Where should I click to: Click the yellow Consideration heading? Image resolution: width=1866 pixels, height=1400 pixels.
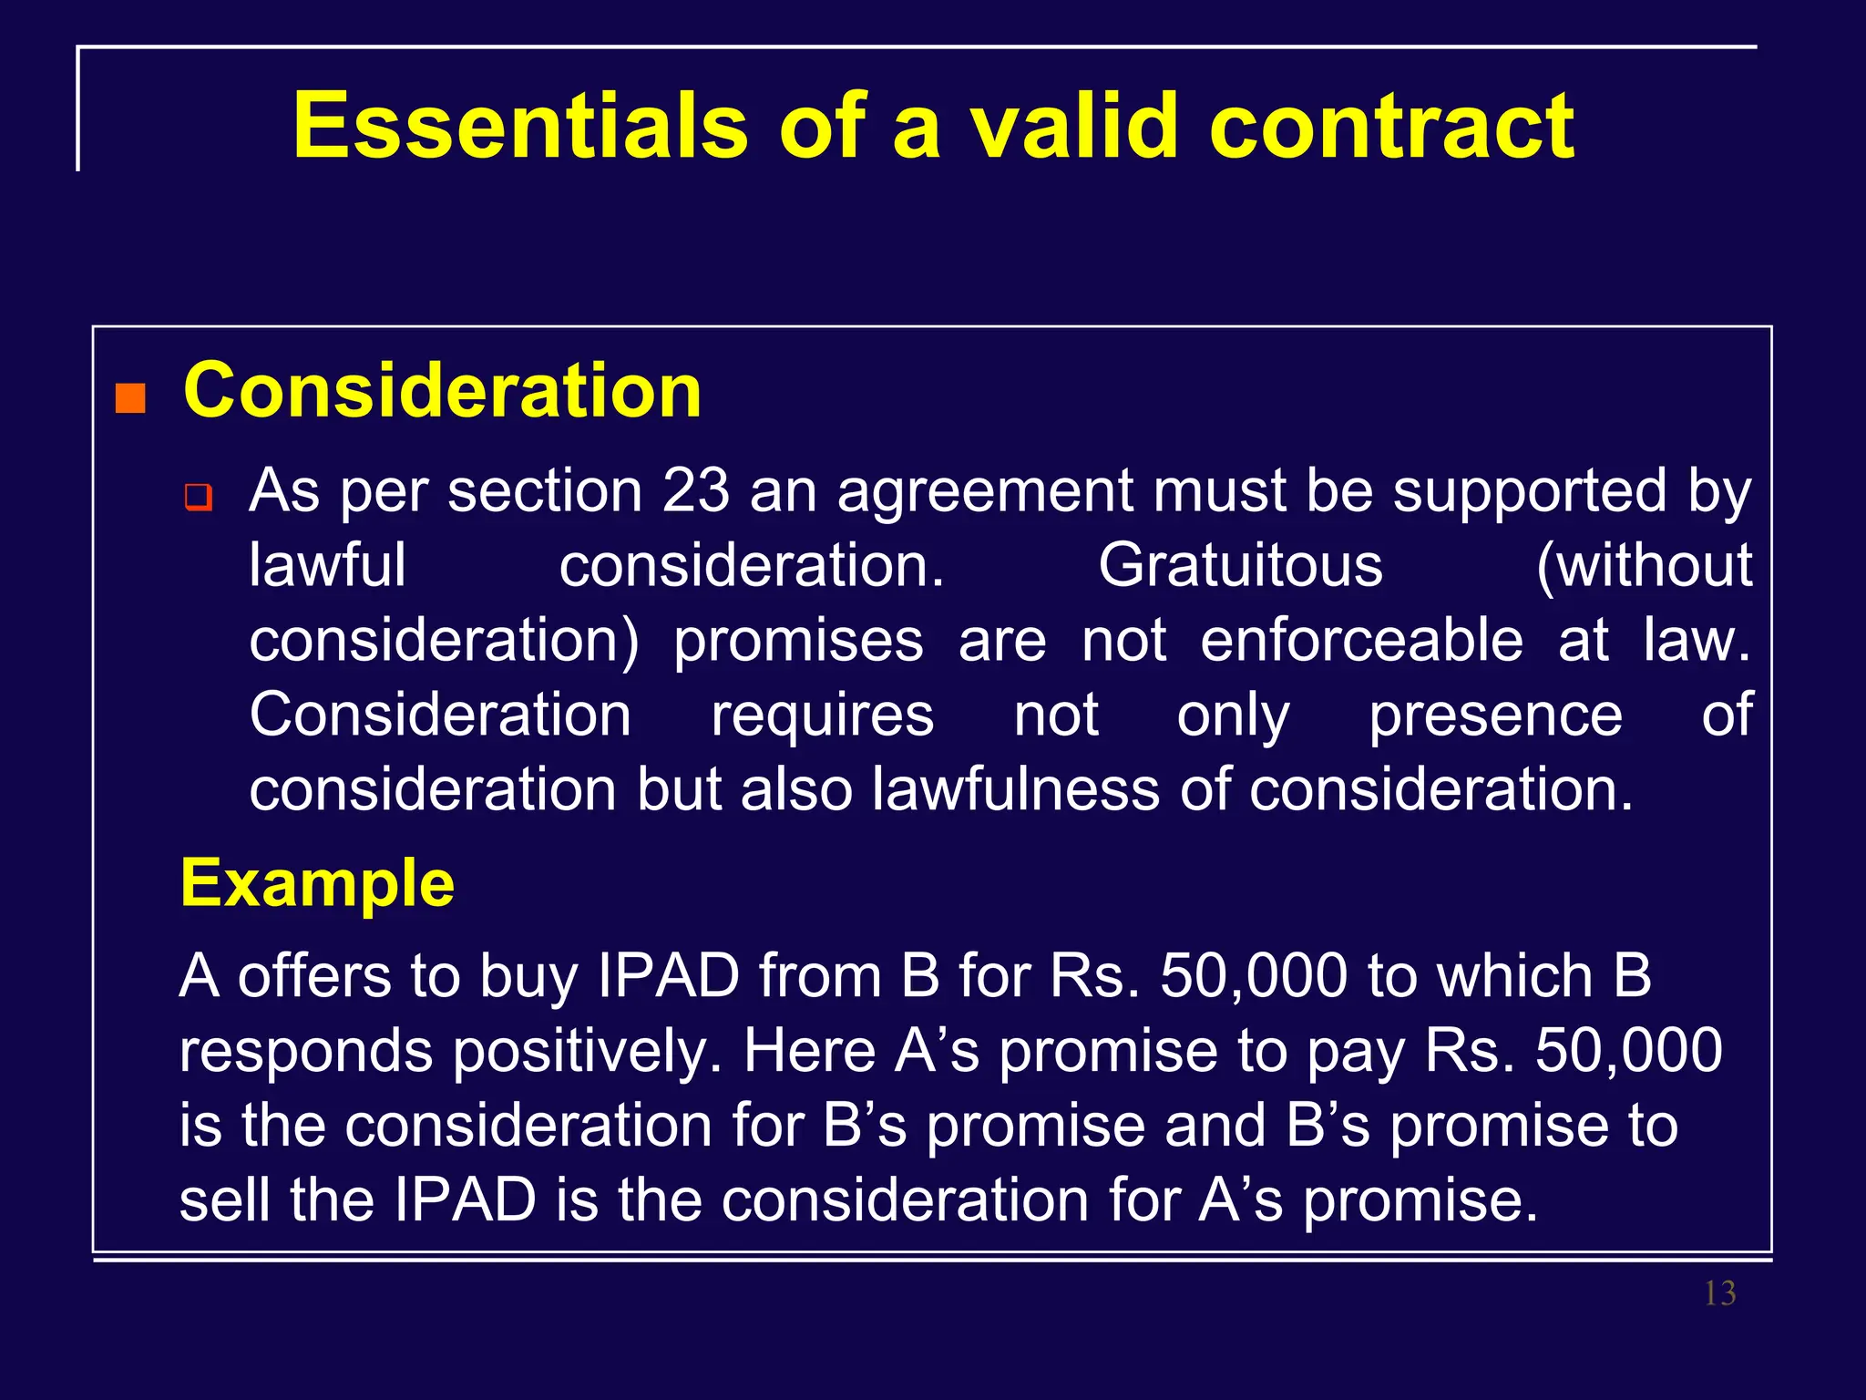(x=443, y=390)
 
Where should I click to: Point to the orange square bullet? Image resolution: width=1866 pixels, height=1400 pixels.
(x=130, y=398)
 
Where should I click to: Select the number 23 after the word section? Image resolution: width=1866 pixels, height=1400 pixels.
(x=695, y=490)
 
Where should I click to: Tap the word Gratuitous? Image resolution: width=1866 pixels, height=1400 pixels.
(x=1240, y=565)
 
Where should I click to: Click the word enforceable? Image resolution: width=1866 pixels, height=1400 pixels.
(x=1361, y=640)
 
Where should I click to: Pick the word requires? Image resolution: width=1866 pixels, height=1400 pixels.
(x=822, y=715)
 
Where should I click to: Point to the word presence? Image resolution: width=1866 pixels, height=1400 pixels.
(x=1495, y=715)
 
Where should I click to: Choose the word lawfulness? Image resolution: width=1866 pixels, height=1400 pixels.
(x=1015, y=789)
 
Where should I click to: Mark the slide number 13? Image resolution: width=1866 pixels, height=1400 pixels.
(x=1719, y=1293)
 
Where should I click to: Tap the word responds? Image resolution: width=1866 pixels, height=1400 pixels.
(x=306, y=1051)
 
